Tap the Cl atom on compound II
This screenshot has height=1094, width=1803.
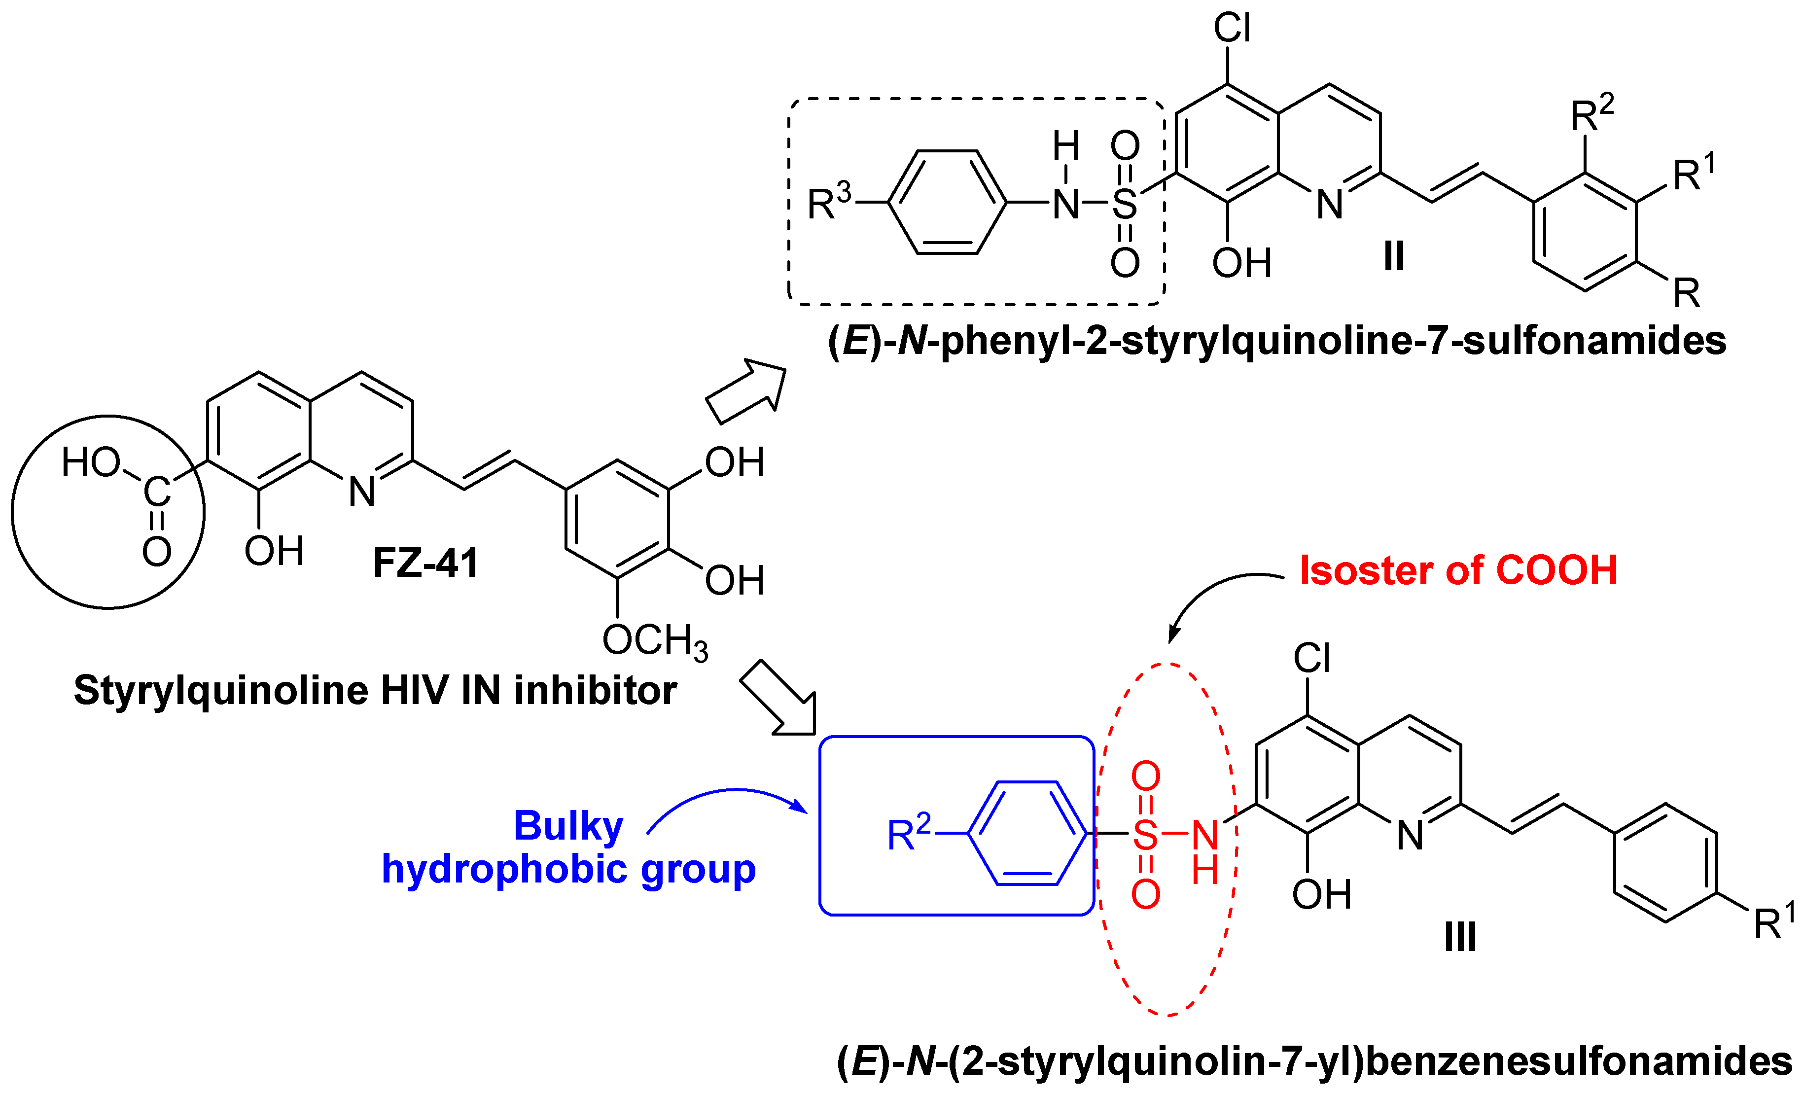[1232, 29]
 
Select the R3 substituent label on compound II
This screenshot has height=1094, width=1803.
[829, 202]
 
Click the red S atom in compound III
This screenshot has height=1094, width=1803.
[1145, 834]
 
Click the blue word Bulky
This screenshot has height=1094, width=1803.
[568, 826]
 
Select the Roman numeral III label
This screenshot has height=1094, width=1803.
[1460, 937]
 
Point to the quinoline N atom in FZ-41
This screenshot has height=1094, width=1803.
[361, 492]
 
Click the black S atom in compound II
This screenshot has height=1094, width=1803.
[1125, 204]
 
